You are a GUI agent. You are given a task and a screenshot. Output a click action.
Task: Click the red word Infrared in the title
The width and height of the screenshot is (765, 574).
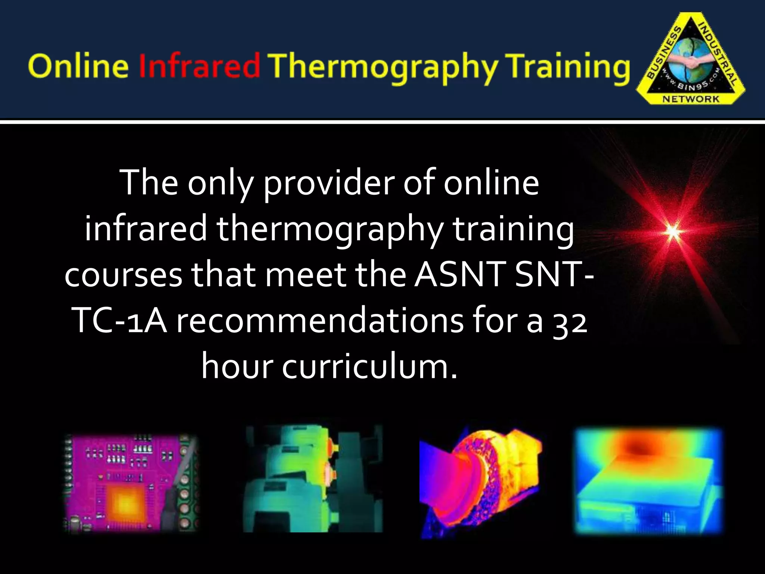tap(199, 66)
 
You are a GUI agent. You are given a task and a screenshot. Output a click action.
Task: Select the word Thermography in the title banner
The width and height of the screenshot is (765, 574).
tap(384, 67)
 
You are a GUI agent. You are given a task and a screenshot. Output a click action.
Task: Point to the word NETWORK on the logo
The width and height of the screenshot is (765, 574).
tap(691, 99)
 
